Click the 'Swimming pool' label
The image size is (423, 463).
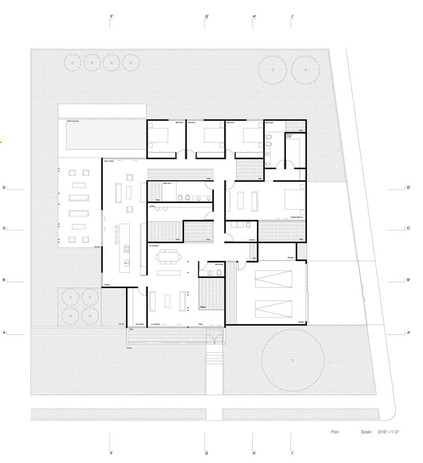[x=73, y=121]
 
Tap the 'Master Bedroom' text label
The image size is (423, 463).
[x=296, y=218]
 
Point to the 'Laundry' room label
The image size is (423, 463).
[x=252, y=240]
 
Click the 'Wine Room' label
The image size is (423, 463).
[x=140, y=324]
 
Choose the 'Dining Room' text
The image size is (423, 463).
[x=153, y=245]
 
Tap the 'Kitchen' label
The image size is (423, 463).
[x=107, y=285]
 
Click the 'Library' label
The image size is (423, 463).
[x=152, y=206]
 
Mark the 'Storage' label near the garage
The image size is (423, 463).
[x=290, y=258]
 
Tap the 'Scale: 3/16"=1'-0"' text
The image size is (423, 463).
[x=380, y=432]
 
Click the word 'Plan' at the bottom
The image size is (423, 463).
[x=335, y=432]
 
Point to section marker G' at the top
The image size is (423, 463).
[x=207, y=17]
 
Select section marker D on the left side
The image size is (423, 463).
[x=4, y=188]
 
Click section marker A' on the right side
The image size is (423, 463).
[x=409, y=333]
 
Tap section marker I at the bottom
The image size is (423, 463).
[x=292, y=453]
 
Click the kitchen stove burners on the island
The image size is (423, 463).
[x=126, y=249]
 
